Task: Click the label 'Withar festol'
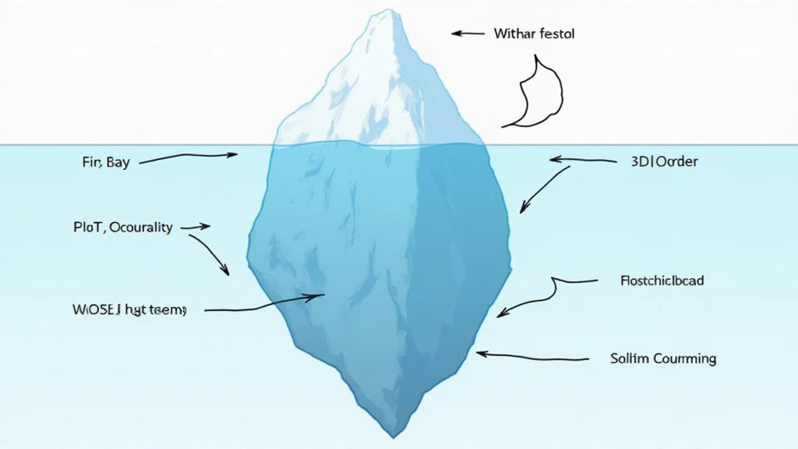[x=535, y=34]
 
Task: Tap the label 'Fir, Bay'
[x=105, y=164]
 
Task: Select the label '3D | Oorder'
[x=664, y=162]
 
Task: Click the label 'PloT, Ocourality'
[x=122, y=228]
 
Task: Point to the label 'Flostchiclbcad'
[x=662, y=280]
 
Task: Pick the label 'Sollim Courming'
[x=663, y=359]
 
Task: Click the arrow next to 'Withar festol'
[x=468, y=34]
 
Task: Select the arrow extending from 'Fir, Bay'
[x=187, y=158]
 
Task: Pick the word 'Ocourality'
[x=141, y=228]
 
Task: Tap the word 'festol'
[x=556, y=34]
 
